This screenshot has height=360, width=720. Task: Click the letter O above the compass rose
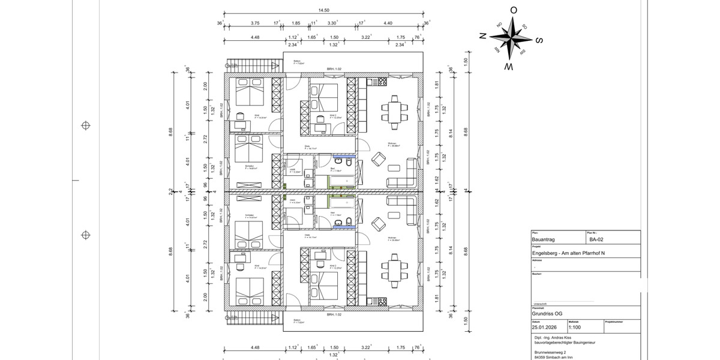(514, 10)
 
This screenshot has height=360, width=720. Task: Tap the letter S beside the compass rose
(538, 41)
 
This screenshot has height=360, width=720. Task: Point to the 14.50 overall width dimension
(324, 10)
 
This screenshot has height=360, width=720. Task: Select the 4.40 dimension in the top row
(388, 23)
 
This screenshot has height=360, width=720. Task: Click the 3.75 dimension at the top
(255, 23)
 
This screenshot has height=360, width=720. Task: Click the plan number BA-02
(596, 239)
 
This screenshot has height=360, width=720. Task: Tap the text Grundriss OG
(547, 313)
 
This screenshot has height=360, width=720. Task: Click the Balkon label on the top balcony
(298, 62)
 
